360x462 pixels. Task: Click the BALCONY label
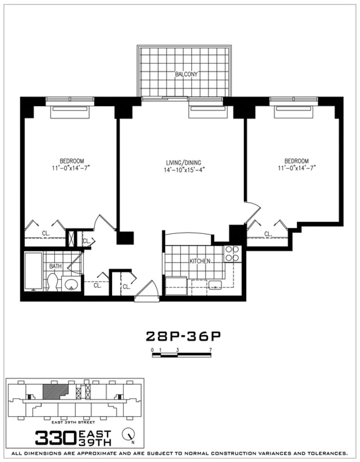click(186, 74)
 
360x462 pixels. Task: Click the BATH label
click(55, 266)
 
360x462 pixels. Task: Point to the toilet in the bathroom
click(52, 282)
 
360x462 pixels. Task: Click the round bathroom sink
click(71, 284)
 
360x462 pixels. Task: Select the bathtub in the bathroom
click(33, 271)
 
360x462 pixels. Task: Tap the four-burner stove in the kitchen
click(232, 253)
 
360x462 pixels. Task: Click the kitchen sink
click(215, 284)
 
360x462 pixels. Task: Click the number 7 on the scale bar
click(210, 350)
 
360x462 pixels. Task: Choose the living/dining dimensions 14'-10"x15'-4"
click(185, 170)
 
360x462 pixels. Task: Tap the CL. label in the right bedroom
click(268, 234)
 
